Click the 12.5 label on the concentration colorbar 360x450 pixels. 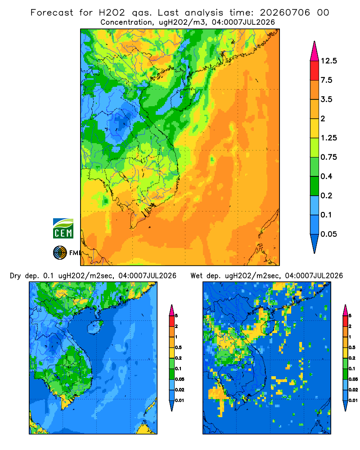(x=328, y=61)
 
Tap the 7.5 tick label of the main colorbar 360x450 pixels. (x=326, y=80)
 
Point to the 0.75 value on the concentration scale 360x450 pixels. (x=328, y=157)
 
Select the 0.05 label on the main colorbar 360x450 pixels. (x=328, y=234)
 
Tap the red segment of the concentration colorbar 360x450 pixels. (x=315, y=71)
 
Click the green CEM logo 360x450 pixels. (x=63, y=229)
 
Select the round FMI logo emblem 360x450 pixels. (x=60, y=253)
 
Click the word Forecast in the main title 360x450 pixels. (x=52, y=13)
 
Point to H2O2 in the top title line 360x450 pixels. (x=112, y=13)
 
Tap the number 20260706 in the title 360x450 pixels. (x=285, y=13)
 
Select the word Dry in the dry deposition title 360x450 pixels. (x=15, y=276)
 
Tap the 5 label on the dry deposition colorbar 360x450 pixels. (x=176, y=316)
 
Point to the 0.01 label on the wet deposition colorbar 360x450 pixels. (x=353, y=400)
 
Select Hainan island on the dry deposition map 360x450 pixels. (x=95, y=327)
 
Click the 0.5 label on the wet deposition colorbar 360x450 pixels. (x=352, y=347)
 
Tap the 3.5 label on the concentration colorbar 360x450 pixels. (x=326, y=99)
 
